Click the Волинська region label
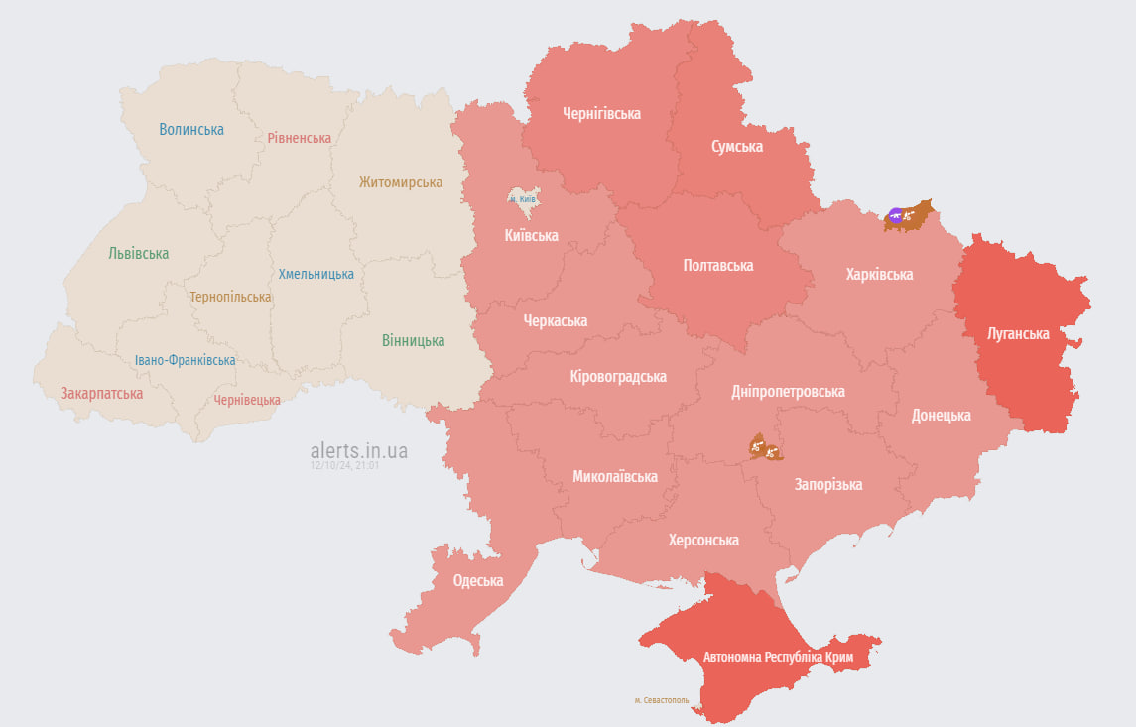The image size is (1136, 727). coord(191,130)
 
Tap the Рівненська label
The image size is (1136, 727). coord(299,138)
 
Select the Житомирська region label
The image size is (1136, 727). coord(401,182)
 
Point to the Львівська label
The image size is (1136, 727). coord(138,254)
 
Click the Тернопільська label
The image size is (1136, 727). coord(230,298)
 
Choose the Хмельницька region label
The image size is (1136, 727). coord(316,274)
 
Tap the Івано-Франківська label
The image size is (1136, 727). coord(186,360)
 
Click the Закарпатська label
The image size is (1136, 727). coord(101,394)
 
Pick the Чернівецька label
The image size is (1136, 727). coord(246,400)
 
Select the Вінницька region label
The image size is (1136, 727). coord(413,341)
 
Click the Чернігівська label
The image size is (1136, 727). coord(601,114)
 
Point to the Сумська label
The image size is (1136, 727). coord(737,147)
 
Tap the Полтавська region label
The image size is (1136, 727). coord(717,266)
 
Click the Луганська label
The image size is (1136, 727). coord(1018,334)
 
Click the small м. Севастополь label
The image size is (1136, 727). coord(662,700)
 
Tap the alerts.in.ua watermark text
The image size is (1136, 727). coord(358,450)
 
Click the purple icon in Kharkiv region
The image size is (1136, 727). coord(896,215)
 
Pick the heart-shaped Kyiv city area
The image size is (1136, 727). coord(523,199)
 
